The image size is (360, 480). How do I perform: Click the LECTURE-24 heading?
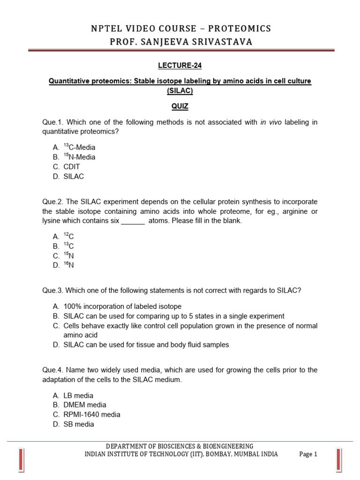[x=180, y=65]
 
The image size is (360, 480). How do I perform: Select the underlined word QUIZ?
[x=180, y=106]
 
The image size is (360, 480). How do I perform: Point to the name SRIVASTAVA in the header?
[x=224, y=42]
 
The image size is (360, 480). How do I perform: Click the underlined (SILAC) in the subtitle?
[x=180, y=91]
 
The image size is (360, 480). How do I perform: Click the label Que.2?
[x=52, y=202]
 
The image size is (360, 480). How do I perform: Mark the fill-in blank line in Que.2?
[x=133, y=221]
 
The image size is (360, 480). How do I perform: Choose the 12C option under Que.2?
[x=69, y=237]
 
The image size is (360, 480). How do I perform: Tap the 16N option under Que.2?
[x=69, y=265]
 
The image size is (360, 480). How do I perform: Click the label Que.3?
[x=52, y=290]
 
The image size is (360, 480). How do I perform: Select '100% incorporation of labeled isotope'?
[x=122, y=307]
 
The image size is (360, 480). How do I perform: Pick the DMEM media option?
[x=85, y=405]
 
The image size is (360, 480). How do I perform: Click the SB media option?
[x=79, y=424]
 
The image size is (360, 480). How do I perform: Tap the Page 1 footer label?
[x=308, y=454]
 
